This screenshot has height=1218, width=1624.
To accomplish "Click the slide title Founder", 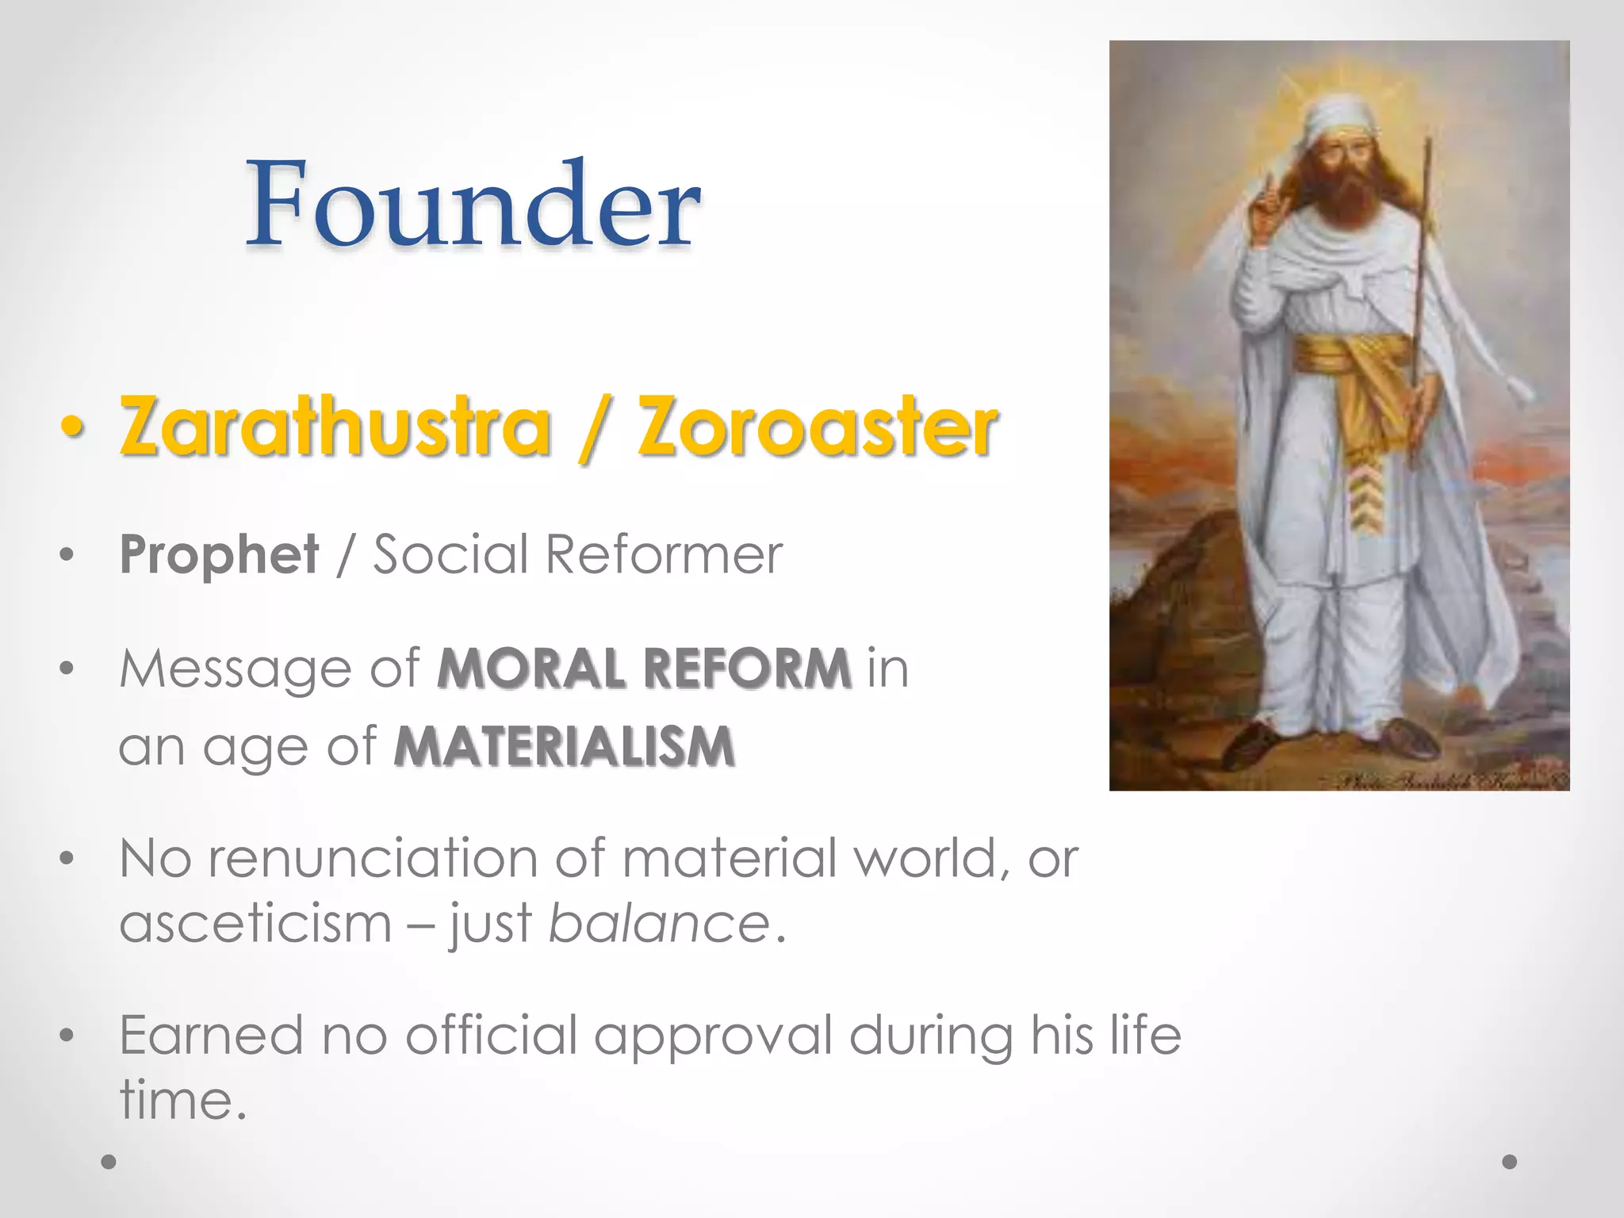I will coord(473,204).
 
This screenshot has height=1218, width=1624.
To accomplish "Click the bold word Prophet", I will coord(219,554).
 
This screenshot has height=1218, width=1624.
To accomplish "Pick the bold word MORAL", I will coord(530,668).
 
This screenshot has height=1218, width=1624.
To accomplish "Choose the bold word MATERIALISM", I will coord(565,747).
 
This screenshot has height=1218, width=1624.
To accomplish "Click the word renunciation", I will coord(373,859).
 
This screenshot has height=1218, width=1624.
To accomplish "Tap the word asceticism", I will coord(255,924).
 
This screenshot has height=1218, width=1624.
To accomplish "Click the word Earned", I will coord(211,1036).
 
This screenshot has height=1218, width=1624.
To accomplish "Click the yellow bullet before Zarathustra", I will coord(71,428).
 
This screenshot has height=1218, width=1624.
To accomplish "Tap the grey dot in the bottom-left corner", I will coord(109,1162).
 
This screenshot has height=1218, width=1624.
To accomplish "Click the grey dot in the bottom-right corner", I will coord(1510,1162).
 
